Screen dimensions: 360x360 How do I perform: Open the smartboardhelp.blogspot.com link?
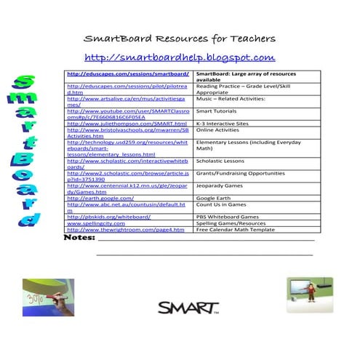point(179,57)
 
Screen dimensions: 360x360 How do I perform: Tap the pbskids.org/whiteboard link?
point(108,216)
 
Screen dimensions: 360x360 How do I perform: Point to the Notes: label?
point(80,237)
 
